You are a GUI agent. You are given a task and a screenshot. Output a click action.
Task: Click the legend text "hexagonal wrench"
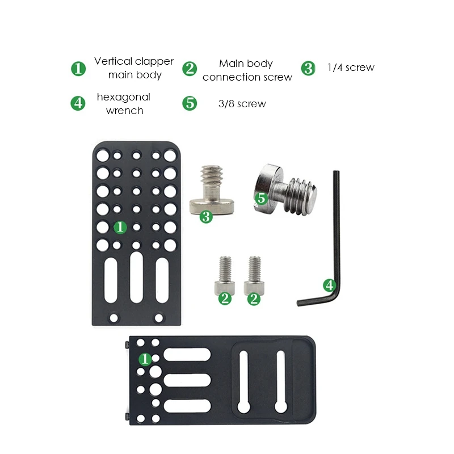point(124,104)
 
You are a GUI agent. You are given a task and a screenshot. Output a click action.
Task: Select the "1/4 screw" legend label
point(351,68)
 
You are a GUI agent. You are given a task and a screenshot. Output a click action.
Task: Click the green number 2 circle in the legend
point(190,69)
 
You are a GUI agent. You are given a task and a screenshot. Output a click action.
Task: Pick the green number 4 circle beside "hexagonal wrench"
point(78,103)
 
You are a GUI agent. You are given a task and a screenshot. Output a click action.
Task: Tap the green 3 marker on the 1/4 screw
point(206,216)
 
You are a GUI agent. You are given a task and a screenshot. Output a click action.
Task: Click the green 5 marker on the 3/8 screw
point(261,199)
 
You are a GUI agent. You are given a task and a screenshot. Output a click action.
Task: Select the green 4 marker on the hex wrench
point(329,284)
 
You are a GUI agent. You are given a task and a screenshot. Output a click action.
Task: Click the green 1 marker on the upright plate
point(120,227)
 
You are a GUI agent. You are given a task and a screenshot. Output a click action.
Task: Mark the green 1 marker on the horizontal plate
point(146,359)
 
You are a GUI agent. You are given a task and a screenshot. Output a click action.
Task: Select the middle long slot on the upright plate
point(136,277)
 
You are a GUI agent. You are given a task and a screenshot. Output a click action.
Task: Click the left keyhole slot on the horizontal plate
point(242,381)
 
